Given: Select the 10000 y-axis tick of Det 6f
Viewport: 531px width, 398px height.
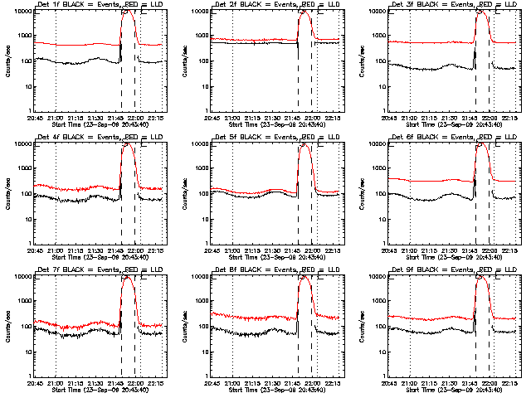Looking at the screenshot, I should pos(376,144).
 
